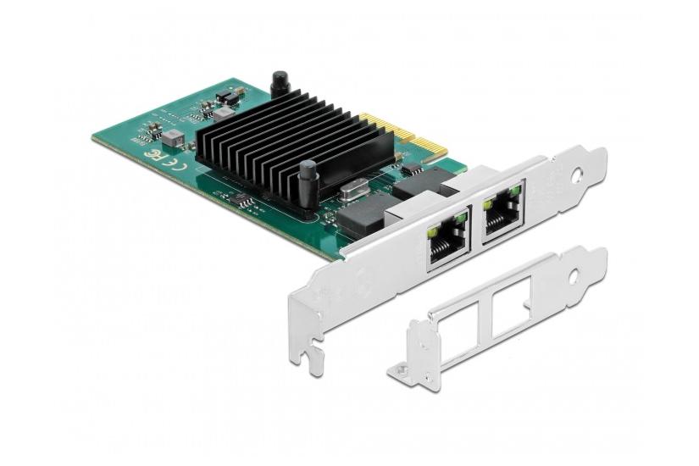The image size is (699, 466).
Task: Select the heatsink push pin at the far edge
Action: click(x=277, y=85)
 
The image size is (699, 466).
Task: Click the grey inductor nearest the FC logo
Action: click(x=174, y=137)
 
